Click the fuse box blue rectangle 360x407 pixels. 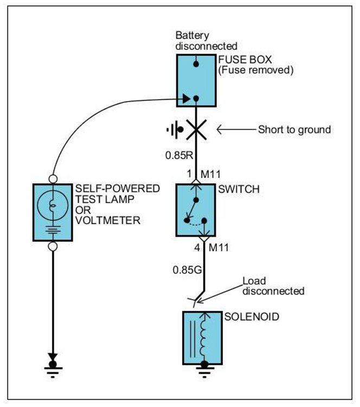tap(196, 81)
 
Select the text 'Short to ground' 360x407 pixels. tap(294, 130)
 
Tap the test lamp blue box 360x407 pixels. tap(53, 212)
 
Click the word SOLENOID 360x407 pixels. tap(253, 316)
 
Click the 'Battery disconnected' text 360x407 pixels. tap(206, 41)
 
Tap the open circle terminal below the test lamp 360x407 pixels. tap(53, 247)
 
